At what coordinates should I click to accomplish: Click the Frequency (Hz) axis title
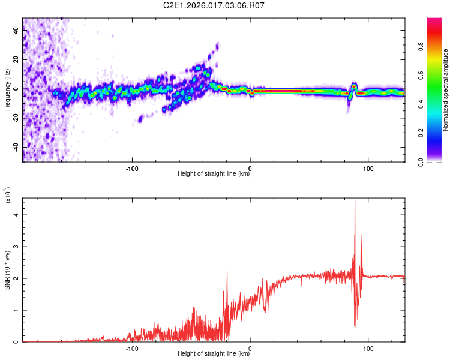pos(7,90)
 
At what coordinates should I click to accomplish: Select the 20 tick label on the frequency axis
pos(16,60)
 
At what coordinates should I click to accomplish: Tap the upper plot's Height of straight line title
pos(214,174)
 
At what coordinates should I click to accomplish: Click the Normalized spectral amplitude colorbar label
pos(446,90)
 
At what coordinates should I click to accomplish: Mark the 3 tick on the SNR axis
pos(16,247)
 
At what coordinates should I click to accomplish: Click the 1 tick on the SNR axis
pos(16,310)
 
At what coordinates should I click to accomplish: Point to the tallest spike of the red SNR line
pos(355,200)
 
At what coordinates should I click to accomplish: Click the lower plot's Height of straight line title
pos(214,354)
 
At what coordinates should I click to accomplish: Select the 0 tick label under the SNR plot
pos(250,349)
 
